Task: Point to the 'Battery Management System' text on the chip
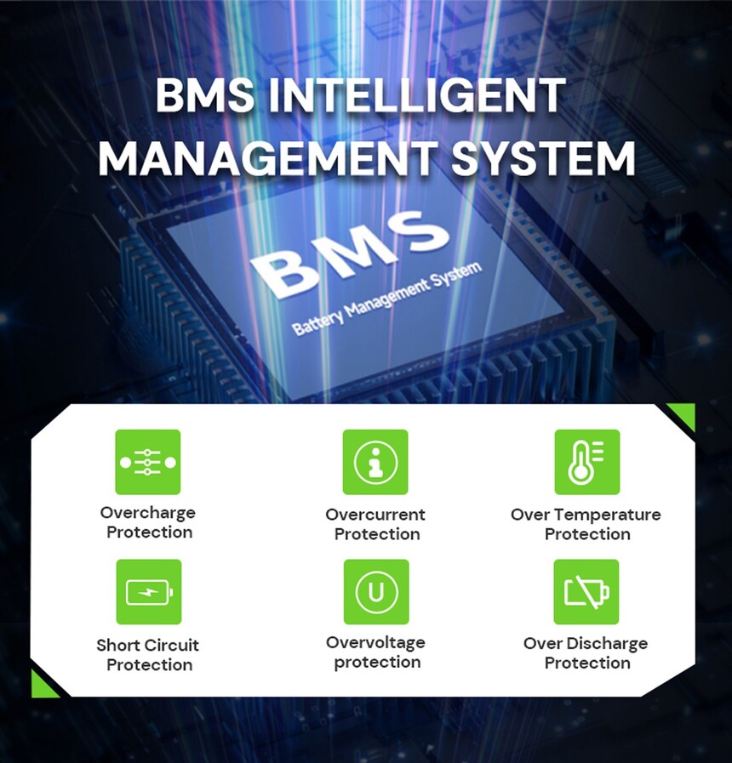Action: (387, 299)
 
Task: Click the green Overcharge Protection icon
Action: (148, 462)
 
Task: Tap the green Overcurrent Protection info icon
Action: (375, 462)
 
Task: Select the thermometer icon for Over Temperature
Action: (587, 462)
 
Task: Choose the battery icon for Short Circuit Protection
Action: (148, 592)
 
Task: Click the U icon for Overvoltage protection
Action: (375, 592)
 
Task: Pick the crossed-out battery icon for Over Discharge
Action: (587, 592)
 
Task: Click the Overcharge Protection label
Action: (148, 522)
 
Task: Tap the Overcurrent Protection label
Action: (375, 524)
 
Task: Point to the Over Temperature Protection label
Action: (586, 524)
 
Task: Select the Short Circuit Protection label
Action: (148, 654)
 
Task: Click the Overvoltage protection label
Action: (375, 652)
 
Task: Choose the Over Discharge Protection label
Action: (586, 652)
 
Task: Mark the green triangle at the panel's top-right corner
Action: (683, 415)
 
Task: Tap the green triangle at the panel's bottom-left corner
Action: (43, 684)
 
